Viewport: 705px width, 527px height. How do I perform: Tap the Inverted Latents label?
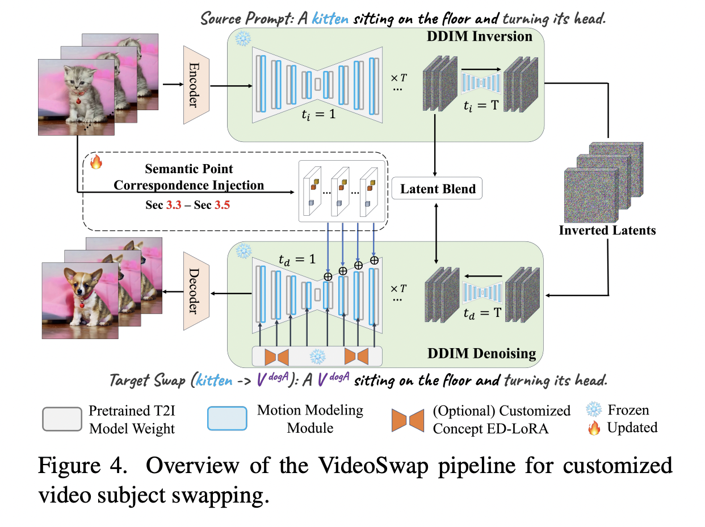[607, 231]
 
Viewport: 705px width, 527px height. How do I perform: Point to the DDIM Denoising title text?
[481, 353]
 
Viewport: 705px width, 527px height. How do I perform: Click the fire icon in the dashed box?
[96, 162]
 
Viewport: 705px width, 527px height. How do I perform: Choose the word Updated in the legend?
[632, 427]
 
